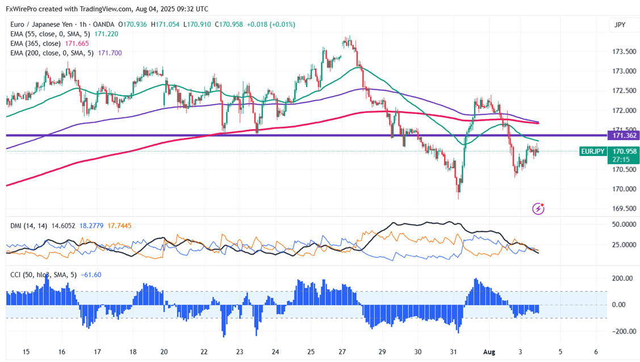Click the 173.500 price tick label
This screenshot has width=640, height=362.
pyautogui.click(x=624, y=52)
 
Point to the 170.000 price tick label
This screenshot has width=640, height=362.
pyautogui.click(x=624, y=188)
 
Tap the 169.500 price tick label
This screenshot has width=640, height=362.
pyautogui.click(x=624, y=208)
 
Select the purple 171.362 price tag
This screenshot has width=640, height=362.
pyautogui.click(x=623, y=136)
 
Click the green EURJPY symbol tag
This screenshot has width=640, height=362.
pyautogui.click(x=592, y=151)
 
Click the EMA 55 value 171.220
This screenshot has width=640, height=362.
pyautogui.click(x=106, y=34)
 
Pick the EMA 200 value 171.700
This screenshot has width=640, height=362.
pyautogui.click(x=110, y=53)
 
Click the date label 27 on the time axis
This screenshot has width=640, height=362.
pyautogui.click(x=343, y=352)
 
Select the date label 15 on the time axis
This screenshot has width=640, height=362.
pyautogui.click(x=26, y=352)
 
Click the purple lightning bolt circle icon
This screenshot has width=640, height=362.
pyautogui.click(x=538, y=209)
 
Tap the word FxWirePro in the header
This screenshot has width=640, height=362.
pyautogui.click(x=21, y=9)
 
